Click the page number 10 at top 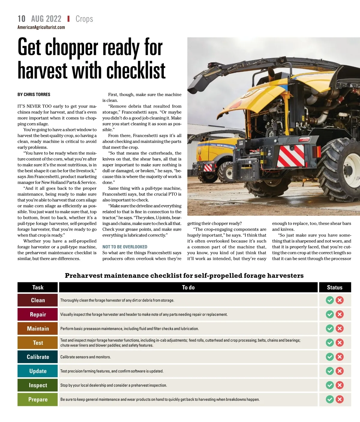pos(22,19)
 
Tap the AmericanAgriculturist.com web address pos(41,27)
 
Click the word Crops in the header pos(84,19)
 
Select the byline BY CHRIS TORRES pos(34,95)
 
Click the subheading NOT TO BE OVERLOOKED pos(125,247)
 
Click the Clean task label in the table pos(38,300)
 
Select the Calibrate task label pos(38,357)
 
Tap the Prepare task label pos(38,399)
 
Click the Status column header pos(334,287)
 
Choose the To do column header pos(188,287)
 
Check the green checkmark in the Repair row pos(330,314)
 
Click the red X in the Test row pos(340,343)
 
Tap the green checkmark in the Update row pos(330,371)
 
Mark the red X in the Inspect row pos(340,385)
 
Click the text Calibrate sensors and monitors pos(85,357)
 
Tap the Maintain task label pos(38,329)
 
